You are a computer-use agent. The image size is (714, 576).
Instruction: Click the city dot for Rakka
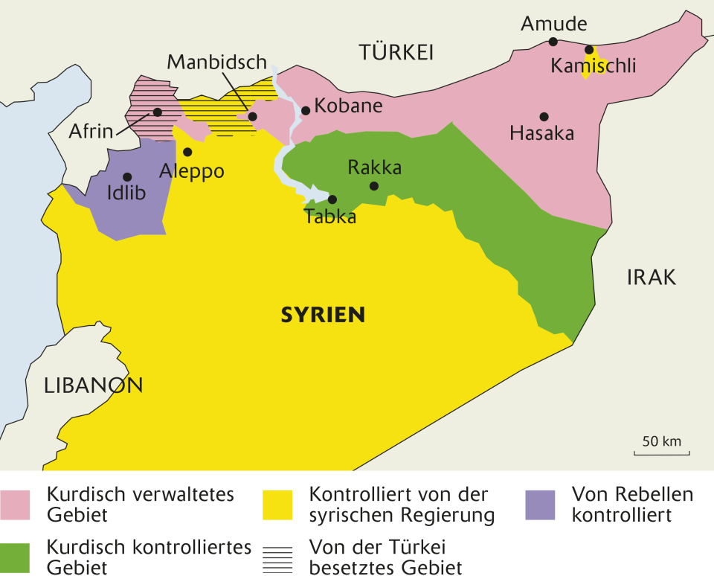[x=374, y=186]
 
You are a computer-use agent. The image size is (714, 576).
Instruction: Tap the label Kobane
[x=348, y=106]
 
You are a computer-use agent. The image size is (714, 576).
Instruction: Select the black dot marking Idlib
[x=127, y=177]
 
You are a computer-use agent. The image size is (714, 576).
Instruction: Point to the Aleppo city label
[x=192, y=171]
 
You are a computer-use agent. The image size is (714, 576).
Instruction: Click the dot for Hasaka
[x=544, y=116]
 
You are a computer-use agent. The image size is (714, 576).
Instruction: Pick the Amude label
[x=553, y=24]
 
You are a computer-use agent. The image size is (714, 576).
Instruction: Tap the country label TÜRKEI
[x=396, y=52]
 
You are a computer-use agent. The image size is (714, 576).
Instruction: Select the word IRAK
[x=652, y=278]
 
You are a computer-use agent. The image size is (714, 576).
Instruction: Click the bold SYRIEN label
[x=323, y=315]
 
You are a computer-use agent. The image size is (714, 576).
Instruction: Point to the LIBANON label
[x=93, y=385]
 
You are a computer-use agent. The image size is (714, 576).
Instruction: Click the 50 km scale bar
[x=662, y=452]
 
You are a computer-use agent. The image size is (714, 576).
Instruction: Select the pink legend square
[x=15, y=504]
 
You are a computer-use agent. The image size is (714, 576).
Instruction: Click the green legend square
[x=15, y=557]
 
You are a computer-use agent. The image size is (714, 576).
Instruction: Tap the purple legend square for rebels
[x=540, y=504]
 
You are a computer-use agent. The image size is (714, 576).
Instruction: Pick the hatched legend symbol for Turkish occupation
[x=277, y=557]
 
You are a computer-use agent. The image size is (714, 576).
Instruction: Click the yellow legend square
[x=277, y=504]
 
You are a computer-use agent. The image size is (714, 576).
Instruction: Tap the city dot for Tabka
[x=332, y=199]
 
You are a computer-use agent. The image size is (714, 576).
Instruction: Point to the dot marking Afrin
[x=158, y=112]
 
